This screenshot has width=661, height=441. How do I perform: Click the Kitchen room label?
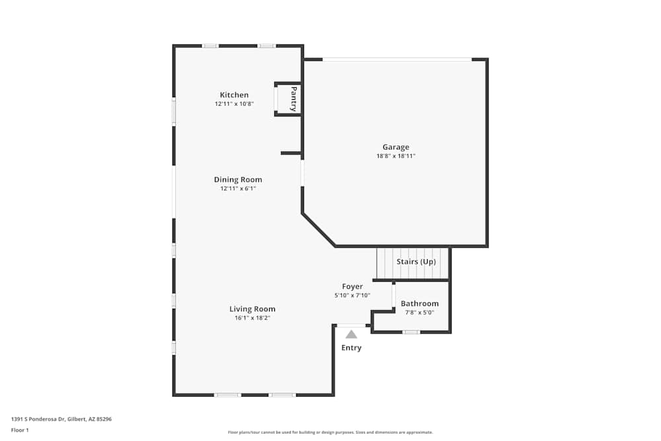pyautogui.click(x=235, y=95)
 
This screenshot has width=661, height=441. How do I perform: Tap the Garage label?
pyautogui.click(x=396, y=147)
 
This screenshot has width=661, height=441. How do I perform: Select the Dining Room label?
pyautogui.click(x=238, y=180)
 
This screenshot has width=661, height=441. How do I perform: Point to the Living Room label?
pyautogui.click(x=253, y=309)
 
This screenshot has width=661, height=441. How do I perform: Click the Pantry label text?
pyautogui.click(x=294, y=99)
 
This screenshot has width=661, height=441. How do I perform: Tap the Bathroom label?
pyautogui.click(x=420, y=303)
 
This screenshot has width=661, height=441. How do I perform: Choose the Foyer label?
pyautogui.click(x=352, y=286)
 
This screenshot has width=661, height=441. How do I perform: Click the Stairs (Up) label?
pyautogui.click(x=416, y=262)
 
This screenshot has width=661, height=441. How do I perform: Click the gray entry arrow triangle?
pyautogui.click(x=351, y=335)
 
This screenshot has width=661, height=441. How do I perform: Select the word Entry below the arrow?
pyautogui.click(x=352, y=348)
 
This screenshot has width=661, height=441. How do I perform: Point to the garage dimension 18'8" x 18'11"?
pyautogui.click(x=396, y=156)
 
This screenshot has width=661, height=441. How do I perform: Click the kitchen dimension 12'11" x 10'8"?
pyautogui.click(x=235, y=104)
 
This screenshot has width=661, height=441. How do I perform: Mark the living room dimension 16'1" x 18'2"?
pyautogui.click(x=253, y=318)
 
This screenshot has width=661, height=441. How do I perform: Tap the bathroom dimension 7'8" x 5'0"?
pyautogui.click(x=420, y=313)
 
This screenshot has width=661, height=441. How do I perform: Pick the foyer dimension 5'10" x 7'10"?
pyautogui.click(x=352, y=296)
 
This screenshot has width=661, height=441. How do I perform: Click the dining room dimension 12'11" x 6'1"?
pyautogui.click(x=238, y=188)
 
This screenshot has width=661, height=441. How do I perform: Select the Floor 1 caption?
pyautogui.click(x=20, y=430)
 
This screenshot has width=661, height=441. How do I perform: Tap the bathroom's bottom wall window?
pyautogui.click(x=411, y=332)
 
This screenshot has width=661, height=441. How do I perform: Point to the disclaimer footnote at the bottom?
pyautogui.click(x=330, y=432)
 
